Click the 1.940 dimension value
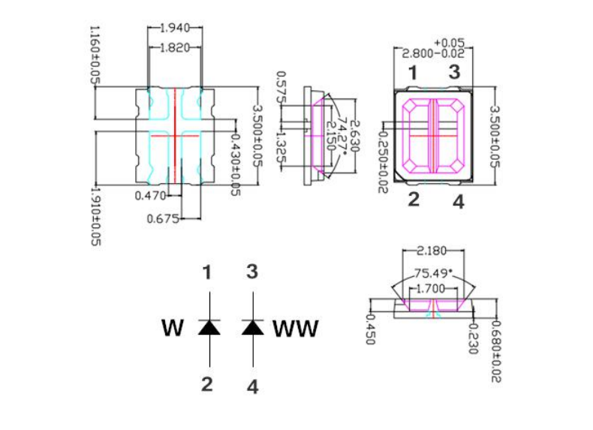tap(174, 28)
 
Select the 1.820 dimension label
tap(174, 47)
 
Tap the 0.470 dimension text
tap(150, 196)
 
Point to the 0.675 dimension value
tap(163, 218)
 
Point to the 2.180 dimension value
tap(433, 250)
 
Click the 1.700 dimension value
tap(432, 288)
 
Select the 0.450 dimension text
tap(370, 328)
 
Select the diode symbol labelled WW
tap(253, 327)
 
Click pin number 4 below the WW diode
tap(253, 387)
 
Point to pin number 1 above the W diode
tap(208, 272)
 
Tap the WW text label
tap(295, 329)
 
